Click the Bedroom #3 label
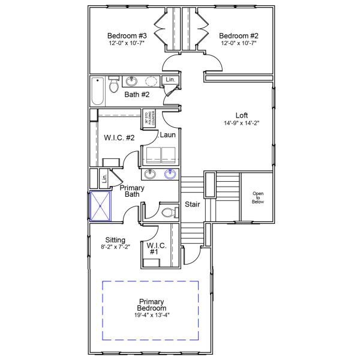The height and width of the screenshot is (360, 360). tap(127, 35)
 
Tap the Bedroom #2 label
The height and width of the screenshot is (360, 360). tap(238, 35)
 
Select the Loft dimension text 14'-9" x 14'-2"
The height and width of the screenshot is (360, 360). tap(241, 123)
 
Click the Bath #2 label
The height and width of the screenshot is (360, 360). tap(137, 95)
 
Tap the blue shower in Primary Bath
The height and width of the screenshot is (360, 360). tap(101, 206)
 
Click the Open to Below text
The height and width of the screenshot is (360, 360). tap(258, 197)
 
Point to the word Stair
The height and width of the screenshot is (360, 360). tap(192, 204)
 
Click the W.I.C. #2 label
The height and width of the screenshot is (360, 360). tap(119, 138)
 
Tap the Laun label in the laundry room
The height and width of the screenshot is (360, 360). tap(167, 135)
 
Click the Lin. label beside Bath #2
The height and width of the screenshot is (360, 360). tap(170, 80)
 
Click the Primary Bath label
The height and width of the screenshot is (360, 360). tap(131, 191)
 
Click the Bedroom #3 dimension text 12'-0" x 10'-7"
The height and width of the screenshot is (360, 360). tap(127, 43)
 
